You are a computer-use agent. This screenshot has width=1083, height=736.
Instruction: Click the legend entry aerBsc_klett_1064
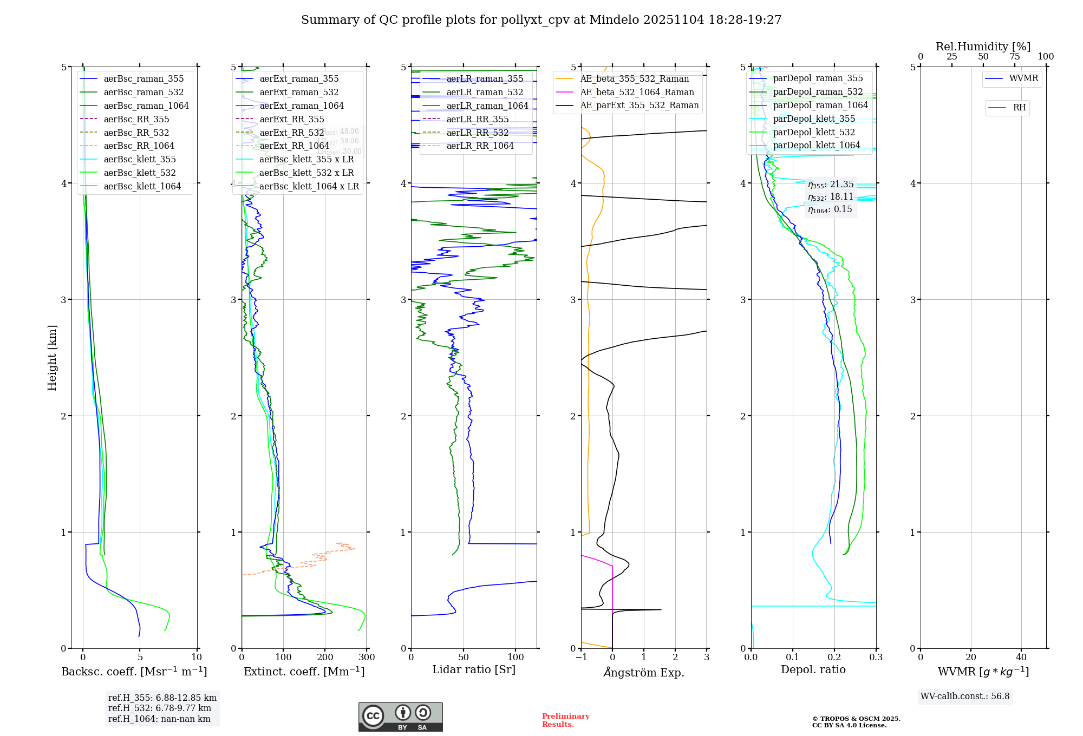(142, 186)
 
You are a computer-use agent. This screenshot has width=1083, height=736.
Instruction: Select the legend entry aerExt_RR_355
(291, 119)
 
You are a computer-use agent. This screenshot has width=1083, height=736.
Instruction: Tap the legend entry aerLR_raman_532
(485, 92)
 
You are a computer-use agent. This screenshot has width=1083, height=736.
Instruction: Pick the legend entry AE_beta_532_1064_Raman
(637, 92)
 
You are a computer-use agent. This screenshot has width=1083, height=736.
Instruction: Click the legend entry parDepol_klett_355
(814, 119)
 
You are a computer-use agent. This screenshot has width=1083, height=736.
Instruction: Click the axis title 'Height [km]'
(52, 357)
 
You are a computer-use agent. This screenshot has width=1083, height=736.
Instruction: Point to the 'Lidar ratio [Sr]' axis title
(474, 669)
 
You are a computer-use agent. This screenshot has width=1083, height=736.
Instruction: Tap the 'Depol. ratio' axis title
(813, 669)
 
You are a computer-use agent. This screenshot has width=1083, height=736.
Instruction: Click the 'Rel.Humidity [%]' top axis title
(983, 47)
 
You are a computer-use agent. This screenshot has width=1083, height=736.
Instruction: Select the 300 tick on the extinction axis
(367, 658)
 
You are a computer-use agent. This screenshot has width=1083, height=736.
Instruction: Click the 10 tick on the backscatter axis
(197, 658)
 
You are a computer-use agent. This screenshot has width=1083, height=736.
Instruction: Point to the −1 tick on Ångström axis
(581, 658)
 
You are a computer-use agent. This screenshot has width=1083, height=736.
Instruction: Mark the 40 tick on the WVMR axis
(1021, 658)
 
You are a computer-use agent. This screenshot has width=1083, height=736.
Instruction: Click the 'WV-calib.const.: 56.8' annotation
(965, 696)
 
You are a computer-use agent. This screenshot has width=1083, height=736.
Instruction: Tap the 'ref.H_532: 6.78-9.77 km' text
(160, 708)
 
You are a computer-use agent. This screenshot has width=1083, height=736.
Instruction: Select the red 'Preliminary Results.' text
(565, 720)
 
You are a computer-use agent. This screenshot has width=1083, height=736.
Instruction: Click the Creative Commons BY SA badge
(400, 717)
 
